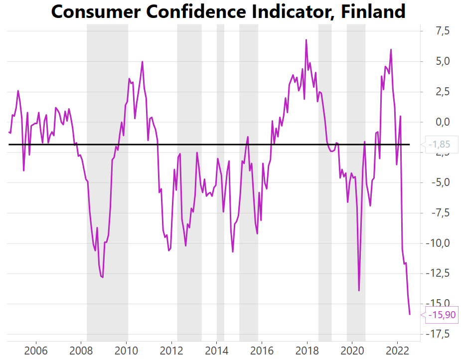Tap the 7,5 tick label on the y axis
click(440, 31)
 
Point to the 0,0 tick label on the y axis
click(440, 122)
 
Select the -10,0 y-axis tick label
click(437, 243)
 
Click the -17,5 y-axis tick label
click(437, 334)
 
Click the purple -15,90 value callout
click(439, 315)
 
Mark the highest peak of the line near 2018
click(306, 40)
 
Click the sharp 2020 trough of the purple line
click(359, 290)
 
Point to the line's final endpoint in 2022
click(410, 314)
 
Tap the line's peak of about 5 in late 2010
click(143, 62)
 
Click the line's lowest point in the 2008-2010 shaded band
click(103, 277)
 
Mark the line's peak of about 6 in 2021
click(391, 49)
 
